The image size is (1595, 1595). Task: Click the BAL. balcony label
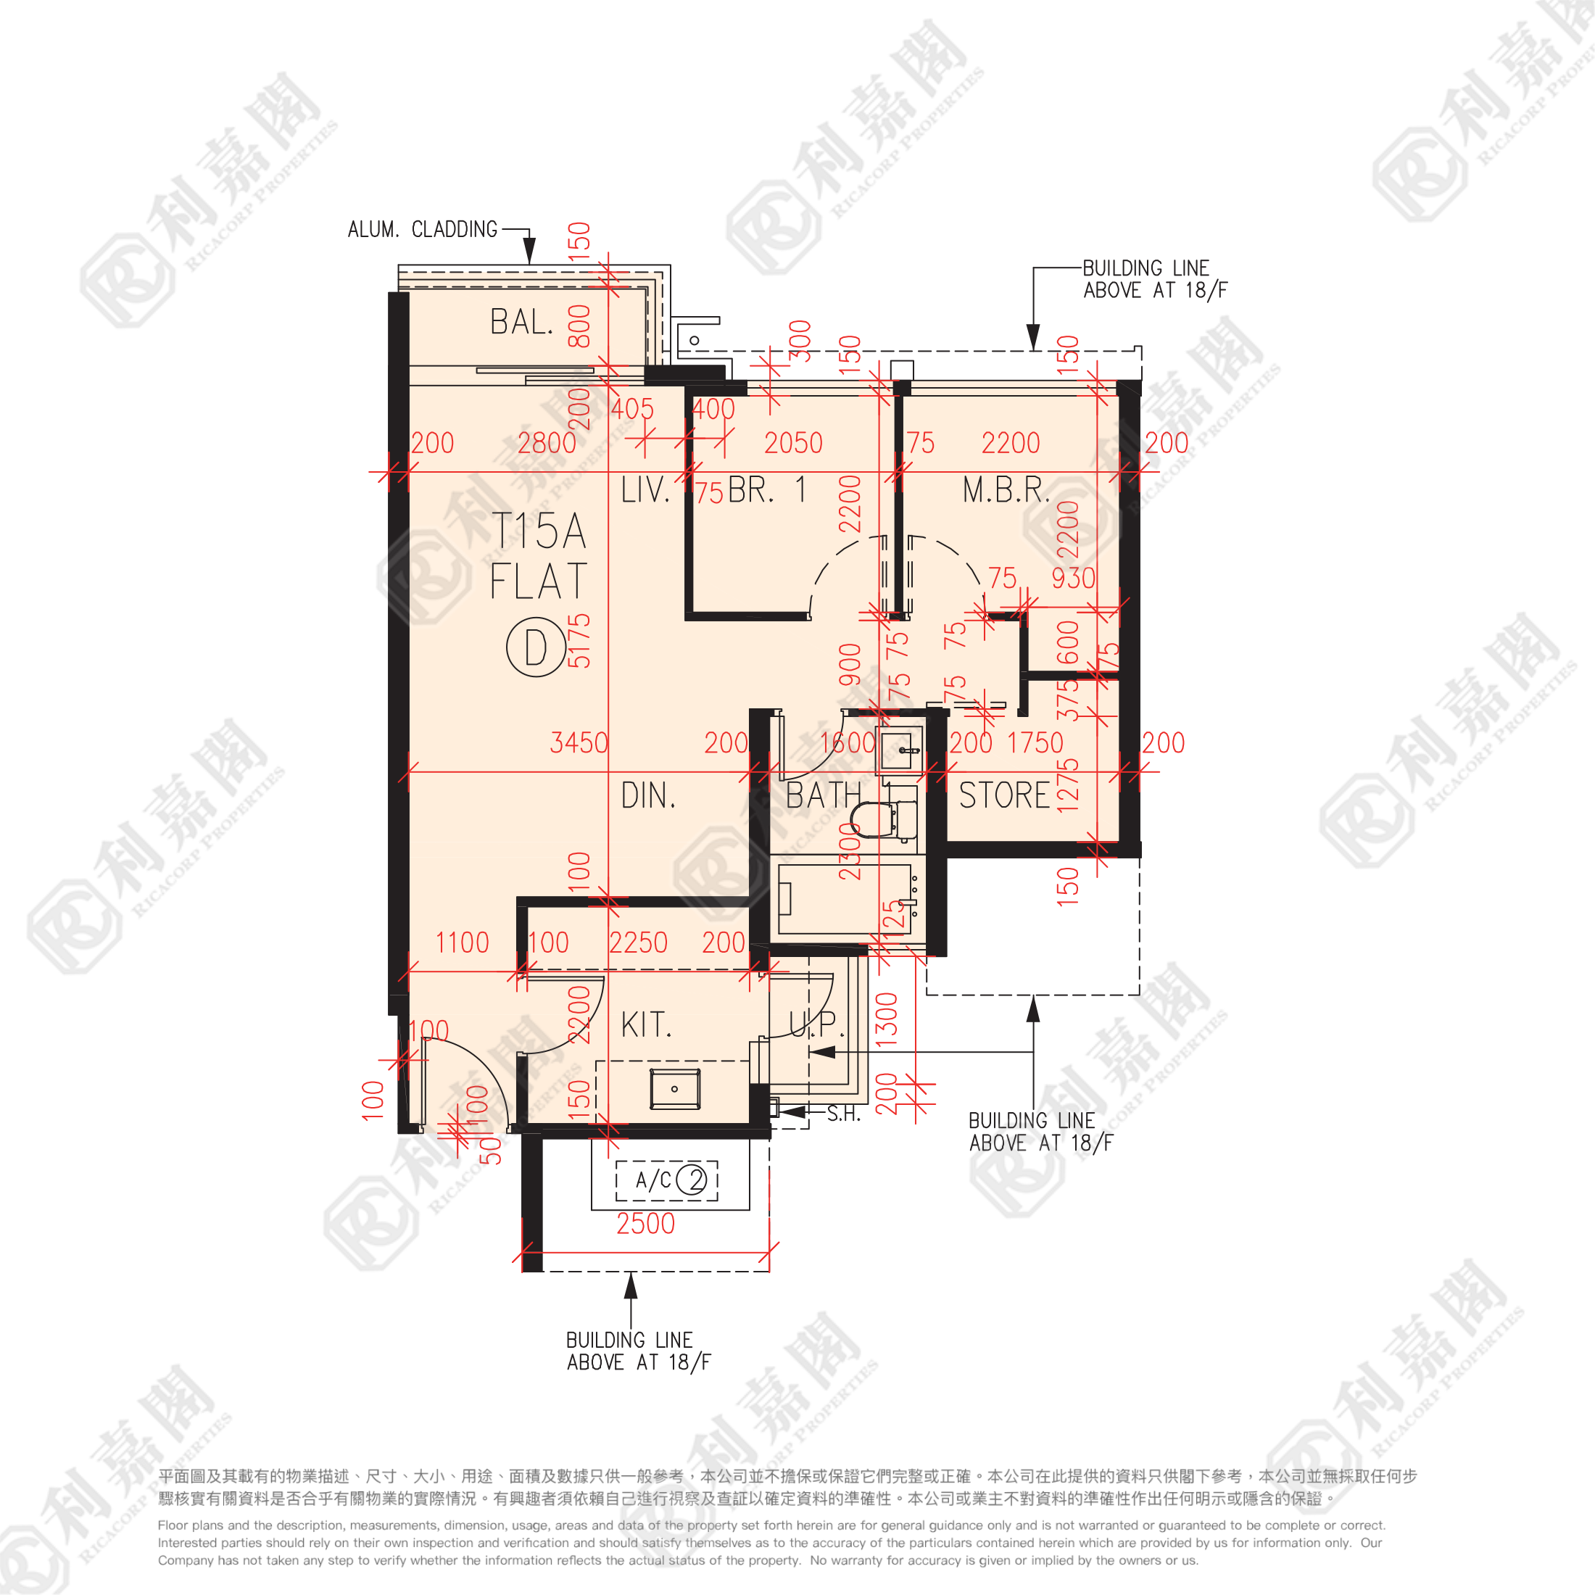[x=521, y=323]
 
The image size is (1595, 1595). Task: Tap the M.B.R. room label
[x=1006, y=490]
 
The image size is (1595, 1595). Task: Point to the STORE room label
[x=1004, y=796]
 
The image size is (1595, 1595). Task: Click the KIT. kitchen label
[x=647, y=1025]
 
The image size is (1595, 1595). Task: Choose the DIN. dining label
[x=648, y=797]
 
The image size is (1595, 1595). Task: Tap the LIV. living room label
[x=645, y=490]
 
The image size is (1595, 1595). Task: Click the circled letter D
[x=536, y=647]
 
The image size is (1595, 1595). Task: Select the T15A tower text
[x=538, y=531]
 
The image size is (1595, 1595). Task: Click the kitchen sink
[x=674, y=1089]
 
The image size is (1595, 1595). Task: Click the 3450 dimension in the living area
[x=579, y=743]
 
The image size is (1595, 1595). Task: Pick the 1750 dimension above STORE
[x=1035, y=743]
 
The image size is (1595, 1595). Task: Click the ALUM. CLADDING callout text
[x=423, y=230]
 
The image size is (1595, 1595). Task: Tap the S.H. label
[x=844, y=1114]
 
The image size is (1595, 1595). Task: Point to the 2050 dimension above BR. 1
[x=793, y=443]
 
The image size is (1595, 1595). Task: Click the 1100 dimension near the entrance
[x=463, y=942]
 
